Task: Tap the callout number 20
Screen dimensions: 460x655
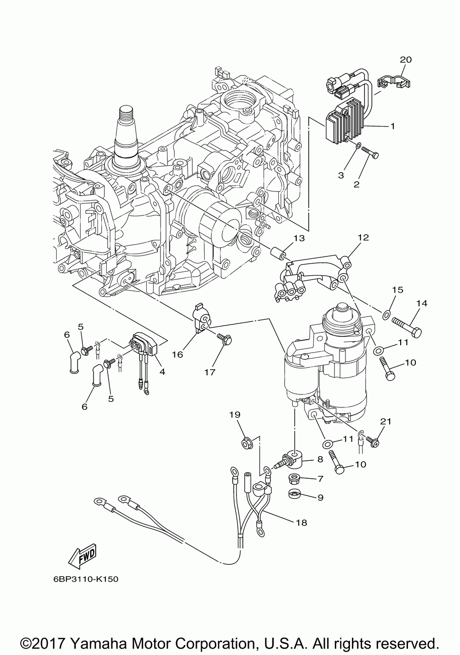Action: tap(406, 60)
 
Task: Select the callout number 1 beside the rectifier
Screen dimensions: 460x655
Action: tap(393, 126)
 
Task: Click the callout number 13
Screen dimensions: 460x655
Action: tap(299, 238)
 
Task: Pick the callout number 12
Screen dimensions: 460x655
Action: tap(363, 237)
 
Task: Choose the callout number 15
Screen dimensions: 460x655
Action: tap(398, 290)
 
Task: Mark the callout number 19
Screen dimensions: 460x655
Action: tap(235, 415)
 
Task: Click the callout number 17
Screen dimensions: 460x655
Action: tap(210, 372)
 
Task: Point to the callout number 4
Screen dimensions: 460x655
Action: tap(162, 371)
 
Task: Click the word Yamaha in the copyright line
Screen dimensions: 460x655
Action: tap(100, 644)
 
